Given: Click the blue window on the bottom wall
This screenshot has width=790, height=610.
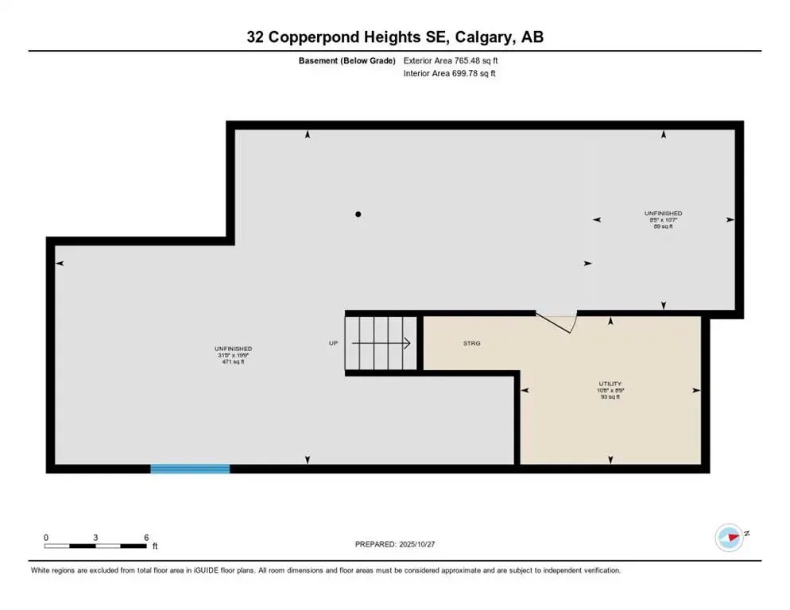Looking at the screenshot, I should click(190, 469).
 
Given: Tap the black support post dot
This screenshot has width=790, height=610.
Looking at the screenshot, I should click(358, 214).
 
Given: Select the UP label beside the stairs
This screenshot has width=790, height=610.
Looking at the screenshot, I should click(334, 344).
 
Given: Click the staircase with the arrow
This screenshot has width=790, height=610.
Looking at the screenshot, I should click(381, 344).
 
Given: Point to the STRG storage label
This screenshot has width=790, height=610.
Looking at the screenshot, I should click(472, 344).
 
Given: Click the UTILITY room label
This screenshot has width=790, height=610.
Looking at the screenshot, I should click(610, 382).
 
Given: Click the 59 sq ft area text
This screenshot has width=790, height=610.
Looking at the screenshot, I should click(663, 227).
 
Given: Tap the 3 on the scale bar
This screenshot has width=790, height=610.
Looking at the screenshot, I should click(95, 538).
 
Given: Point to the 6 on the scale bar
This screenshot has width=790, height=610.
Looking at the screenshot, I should click(146, 538).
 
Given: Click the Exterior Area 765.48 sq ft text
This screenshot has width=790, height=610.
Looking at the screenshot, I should click(451, 60).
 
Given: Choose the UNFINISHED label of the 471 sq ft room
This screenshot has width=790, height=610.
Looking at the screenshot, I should click(233, 349).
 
